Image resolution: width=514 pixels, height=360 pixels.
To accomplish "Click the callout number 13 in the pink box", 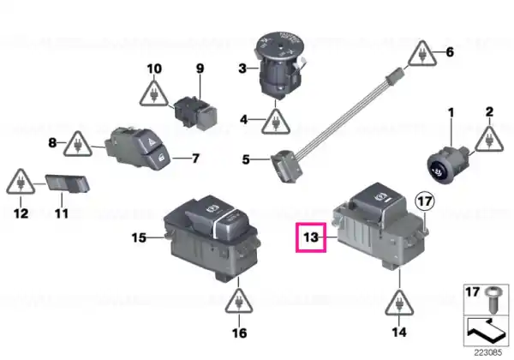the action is (x=311, y=237).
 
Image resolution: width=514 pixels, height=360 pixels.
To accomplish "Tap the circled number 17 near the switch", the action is (x=425, y=201).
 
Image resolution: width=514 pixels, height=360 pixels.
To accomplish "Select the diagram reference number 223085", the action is (x=488, y=353).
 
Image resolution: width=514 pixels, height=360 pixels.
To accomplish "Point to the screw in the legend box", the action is (x=492, y=299).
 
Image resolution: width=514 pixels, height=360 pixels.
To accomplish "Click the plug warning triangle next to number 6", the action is (x=422, y=54).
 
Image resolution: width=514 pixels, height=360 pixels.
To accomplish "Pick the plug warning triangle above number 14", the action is (x=399, y=303).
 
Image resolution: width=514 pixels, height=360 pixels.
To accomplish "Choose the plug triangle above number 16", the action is (x=239, y=302).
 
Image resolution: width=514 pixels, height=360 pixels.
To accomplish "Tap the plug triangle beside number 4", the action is (x=276, y=122).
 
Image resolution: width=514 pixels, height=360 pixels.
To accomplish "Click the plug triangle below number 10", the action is (x=153, y=93).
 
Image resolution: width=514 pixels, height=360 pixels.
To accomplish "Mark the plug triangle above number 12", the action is (x=21, y=182).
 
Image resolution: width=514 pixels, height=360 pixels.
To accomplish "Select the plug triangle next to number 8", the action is (x=78, y=144).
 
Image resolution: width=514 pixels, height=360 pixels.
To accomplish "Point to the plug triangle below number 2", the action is (x=489, y=139).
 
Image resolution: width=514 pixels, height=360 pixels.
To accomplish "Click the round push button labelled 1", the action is (x=447, y=163).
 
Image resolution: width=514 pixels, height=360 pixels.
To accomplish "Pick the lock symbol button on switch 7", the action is (x=159, y=159).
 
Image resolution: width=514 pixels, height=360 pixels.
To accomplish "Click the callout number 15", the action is (x=139, y=237).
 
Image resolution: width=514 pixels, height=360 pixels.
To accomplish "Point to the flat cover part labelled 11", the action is (x=67, y=183).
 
